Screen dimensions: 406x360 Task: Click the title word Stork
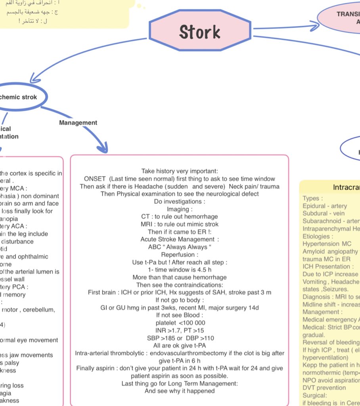coord(199,32)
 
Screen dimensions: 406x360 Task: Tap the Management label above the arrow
coord(78,123)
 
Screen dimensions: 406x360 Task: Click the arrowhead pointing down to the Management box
coord(102,149)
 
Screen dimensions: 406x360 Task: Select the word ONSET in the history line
coord(96,179)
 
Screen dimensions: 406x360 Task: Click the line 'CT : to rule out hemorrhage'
coord(179,216)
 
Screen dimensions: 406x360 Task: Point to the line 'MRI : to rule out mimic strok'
coord(179,224)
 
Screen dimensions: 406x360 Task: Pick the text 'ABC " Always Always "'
coord(179,247)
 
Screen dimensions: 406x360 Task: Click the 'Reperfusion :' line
coord(179,254)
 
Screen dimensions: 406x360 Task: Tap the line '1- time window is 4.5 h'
coord(179,270)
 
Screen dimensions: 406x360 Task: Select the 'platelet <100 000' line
coord(180,323)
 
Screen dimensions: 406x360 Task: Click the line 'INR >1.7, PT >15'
coord(180,330)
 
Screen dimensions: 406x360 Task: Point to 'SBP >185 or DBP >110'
coord(180,338)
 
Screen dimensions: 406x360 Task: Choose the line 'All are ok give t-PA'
coord(180,345)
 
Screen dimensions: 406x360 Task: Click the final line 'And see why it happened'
coord(179,391)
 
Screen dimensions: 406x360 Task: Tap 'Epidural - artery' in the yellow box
coord(325,206)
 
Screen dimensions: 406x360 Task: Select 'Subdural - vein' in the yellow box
coord(324,213)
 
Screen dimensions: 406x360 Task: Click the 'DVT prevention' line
coord(324,387)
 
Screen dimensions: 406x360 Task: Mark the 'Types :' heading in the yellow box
coord(313,198)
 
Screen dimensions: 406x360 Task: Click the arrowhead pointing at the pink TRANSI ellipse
coord(315,27)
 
